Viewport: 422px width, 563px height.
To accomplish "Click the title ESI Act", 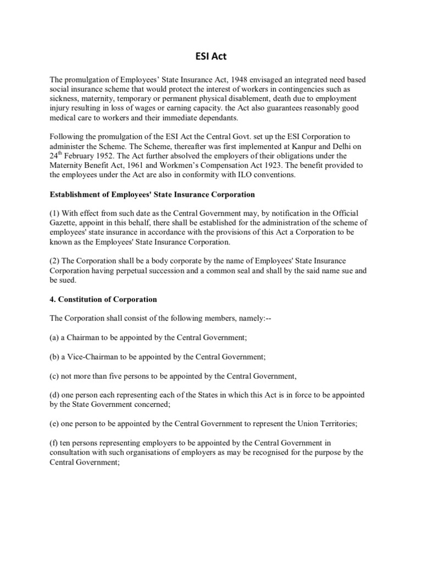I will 210,55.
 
